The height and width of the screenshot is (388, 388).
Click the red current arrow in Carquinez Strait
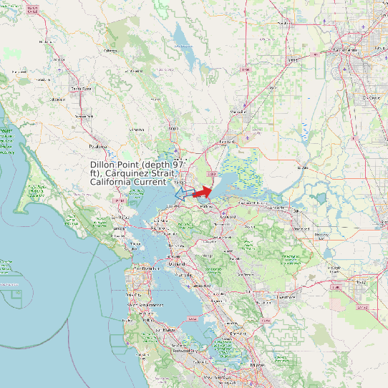(203, 192)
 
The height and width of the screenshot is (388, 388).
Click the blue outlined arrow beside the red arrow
(182, 192)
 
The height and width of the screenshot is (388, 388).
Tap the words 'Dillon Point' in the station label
(115, 165)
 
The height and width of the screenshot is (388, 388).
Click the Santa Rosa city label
(80, 88)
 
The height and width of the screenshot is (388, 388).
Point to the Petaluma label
(97, 145)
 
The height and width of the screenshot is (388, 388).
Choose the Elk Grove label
(371, 97)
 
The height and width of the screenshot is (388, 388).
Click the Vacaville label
(239, 112)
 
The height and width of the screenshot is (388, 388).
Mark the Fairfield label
(226, 142)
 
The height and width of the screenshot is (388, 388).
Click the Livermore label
(288, 295)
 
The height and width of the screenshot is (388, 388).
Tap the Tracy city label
(360, 283)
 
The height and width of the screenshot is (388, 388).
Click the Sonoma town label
(136, 130)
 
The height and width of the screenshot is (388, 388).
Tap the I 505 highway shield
(246, 69)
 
